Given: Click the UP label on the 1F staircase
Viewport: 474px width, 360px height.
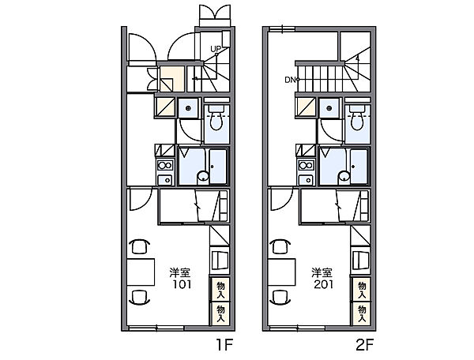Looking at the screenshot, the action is coord(216,49).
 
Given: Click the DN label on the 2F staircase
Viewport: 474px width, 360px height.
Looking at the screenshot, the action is coord(290,80).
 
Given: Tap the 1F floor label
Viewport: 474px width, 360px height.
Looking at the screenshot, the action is coord(224,344).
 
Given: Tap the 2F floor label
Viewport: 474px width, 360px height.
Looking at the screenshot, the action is coord(365,344).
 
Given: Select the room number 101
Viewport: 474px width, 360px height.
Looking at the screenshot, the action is coord(182,284).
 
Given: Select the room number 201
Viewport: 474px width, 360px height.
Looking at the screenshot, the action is coord(323,284).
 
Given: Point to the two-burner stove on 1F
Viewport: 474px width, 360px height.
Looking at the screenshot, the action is coord(165,166).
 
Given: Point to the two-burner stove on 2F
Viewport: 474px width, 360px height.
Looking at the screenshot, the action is coord(306,166).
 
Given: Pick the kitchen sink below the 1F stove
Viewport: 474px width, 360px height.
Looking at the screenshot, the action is coord(165,180).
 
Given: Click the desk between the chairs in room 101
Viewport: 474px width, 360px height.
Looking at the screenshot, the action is coord(141,272).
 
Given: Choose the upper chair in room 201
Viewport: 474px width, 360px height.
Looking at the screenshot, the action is coord(280,246).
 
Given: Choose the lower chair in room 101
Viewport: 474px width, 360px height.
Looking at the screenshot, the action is coord(139,298).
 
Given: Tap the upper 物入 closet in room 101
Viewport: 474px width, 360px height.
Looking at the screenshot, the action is coord(220,289).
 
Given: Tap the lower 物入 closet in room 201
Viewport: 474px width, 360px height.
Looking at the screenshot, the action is coord(361,313).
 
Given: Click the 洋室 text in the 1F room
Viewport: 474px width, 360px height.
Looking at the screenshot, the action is coord(179,272).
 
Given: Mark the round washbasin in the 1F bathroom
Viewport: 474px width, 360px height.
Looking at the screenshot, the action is coord(203,176).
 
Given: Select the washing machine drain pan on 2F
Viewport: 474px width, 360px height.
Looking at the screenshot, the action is coord(329,108).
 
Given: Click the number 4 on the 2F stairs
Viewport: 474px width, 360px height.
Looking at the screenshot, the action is coord(357,59).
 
